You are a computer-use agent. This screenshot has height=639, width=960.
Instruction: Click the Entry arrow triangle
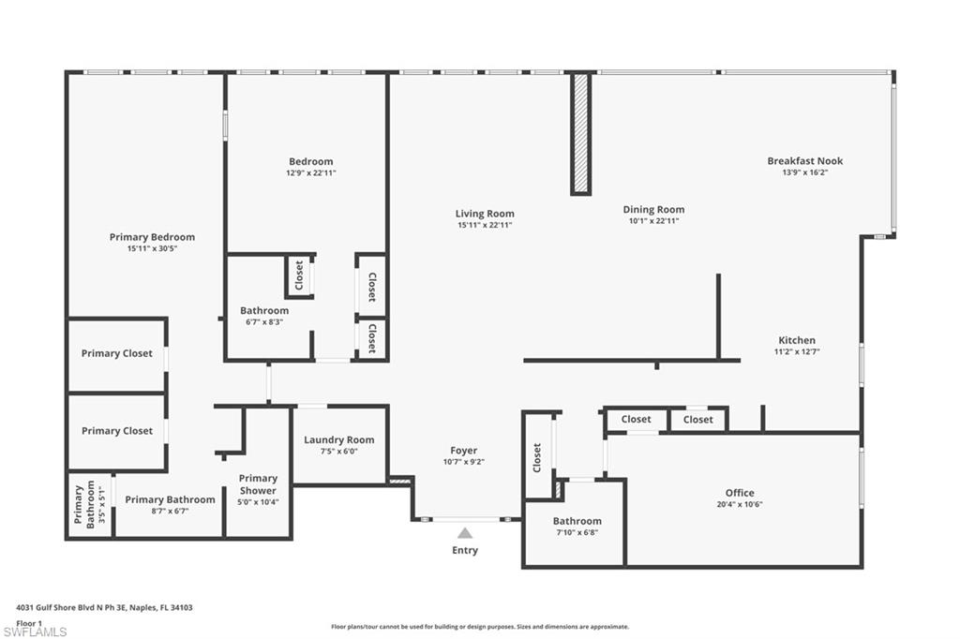465,533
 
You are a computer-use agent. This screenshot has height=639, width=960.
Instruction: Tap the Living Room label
485,214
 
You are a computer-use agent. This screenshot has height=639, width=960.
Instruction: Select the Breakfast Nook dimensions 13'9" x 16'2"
804,172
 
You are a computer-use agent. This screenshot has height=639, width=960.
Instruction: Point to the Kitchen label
797,340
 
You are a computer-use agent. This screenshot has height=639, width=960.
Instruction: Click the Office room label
739,493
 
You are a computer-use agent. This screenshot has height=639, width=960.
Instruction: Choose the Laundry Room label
338,439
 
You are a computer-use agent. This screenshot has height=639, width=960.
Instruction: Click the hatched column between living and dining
581,133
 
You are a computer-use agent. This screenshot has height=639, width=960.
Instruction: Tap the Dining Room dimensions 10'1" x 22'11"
653,221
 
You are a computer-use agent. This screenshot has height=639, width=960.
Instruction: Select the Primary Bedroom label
152,237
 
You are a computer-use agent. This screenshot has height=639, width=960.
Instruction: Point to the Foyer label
463,451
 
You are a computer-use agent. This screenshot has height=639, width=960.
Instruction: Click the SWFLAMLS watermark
35,632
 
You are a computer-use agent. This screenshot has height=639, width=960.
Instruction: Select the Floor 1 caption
30,622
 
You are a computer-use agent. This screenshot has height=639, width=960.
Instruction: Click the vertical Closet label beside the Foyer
537,456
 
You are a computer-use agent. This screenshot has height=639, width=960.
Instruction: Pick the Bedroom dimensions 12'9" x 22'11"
310,172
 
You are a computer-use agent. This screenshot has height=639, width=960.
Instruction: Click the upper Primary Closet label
116,353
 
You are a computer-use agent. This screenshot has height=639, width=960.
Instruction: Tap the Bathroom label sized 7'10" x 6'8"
577,521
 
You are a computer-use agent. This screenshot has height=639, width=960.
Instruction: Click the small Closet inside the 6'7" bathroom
299,275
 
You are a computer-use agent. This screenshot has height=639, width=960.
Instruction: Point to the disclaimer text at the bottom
479,627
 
